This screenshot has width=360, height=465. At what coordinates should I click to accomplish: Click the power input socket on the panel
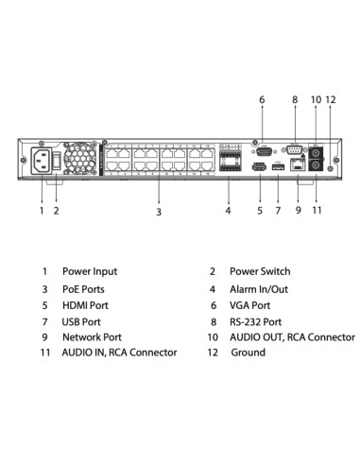coord(42,160)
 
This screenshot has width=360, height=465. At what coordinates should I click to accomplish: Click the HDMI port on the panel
coord(259,167)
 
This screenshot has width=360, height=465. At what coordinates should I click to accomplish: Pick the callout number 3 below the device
coord(159,212)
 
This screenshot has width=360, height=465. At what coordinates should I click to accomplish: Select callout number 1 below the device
coord(42,211)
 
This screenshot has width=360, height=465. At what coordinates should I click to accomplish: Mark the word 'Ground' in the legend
coord(248,353)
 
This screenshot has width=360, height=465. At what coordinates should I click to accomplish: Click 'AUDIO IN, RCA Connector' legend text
coord(119,353)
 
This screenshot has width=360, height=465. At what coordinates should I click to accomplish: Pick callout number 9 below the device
coord(298,211)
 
